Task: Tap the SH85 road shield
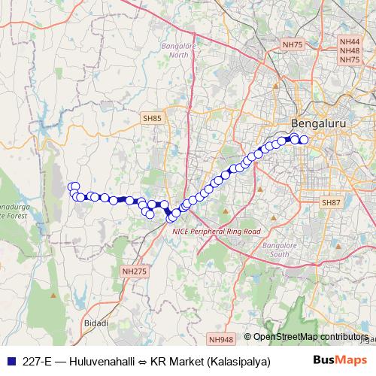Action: point(152,118)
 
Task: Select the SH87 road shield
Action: point(331,203)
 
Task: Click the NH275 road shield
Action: point(131,271)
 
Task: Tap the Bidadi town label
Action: point(96,323)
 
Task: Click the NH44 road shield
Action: point(350,43)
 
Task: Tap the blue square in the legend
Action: point(8,361)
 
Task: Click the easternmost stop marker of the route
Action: point(305,139)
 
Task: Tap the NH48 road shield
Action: point(350,51)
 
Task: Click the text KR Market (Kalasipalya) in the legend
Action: point(210,361)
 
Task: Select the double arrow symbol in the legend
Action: point(142,361)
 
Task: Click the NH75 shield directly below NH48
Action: point(350,59)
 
